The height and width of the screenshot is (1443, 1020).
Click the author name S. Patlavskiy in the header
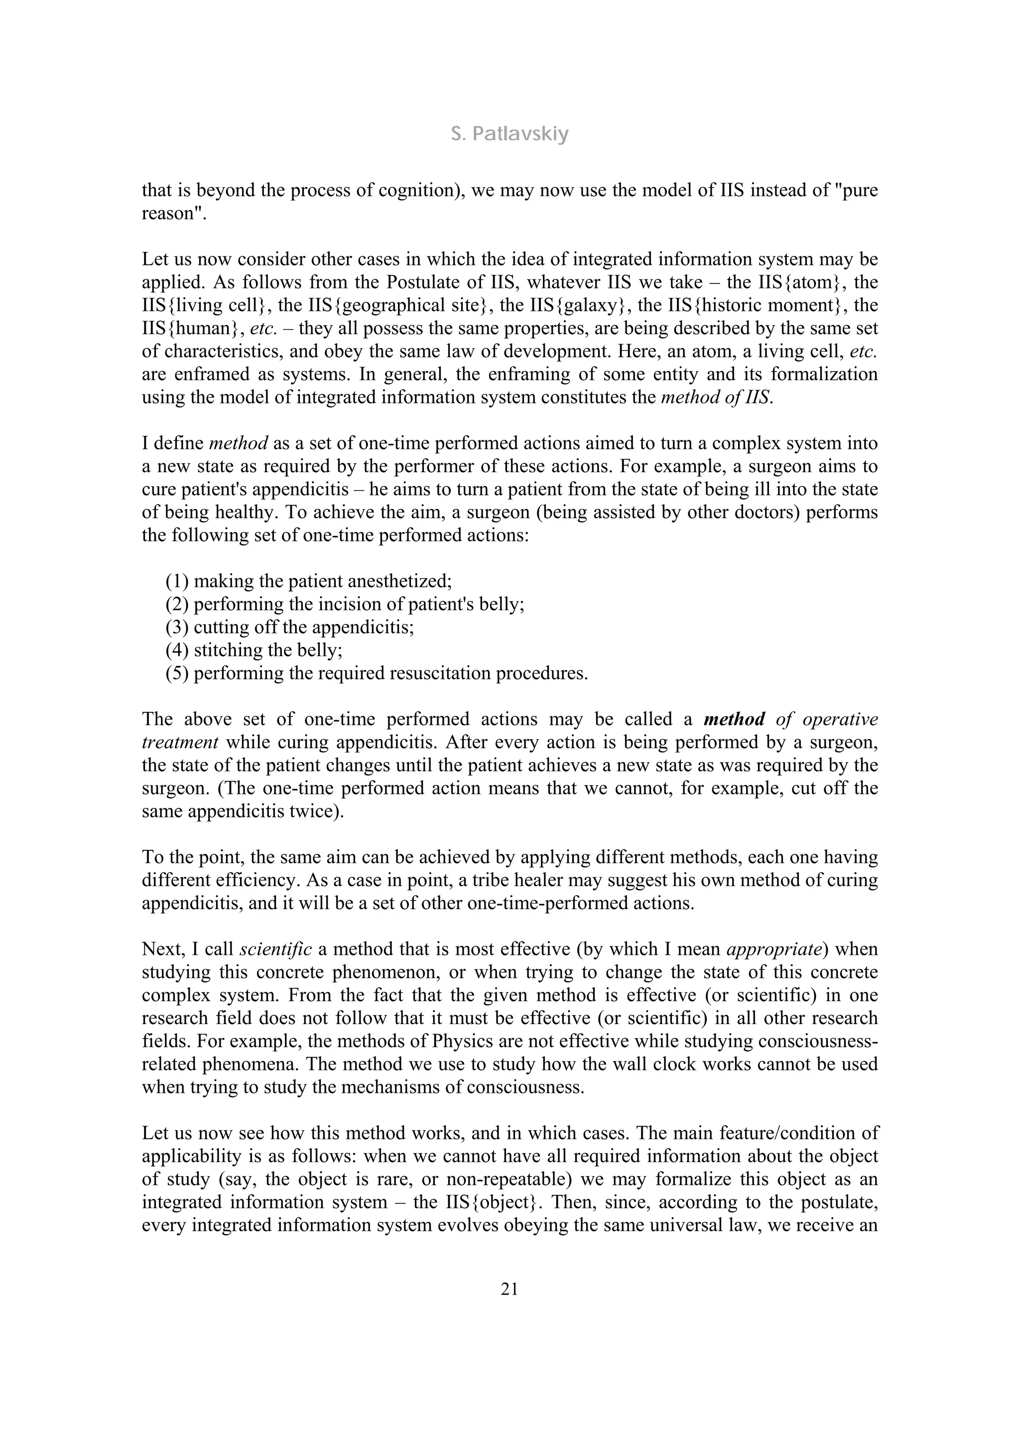[x=510, y=134]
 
